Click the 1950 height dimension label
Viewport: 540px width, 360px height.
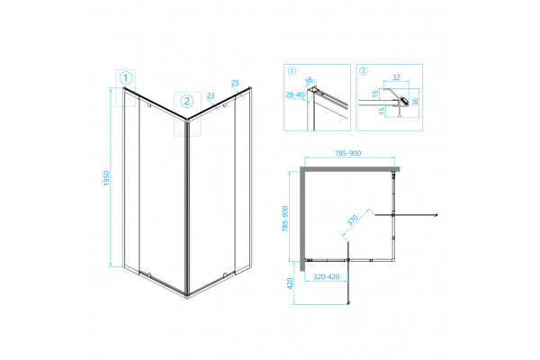pyautogui.click(x=106, y=178)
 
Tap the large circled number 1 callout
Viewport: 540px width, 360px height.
pyautogui.click(x=126, y=78)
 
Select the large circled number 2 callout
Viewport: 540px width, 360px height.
pyautogui.click(x=187, y=102)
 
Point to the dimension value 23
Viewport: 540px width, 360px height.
pyautogui.click(x=211, y=95)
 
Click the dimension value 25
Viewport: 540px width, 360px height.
pyautogui.click(x=235, y=83)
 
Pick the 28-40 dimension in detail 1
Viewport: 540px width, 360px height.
pyautogui.click(x=295, y=94)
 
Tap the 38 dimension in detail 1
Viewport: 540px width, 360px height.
pyautogui.click(x=309, y=80)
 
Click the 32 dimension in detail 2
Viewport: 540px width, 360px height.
pyautogui.click(x=396, y=77)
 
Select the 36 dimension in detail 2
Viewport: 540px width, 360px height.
pyautogui.click(x=415, y=102)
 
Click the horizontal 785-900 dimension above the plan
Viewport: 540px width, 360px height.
pyautogui.click(x=348, y=153)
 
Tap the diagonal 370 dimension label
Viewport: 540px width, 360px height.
pyautogui.click(x=352, y=220)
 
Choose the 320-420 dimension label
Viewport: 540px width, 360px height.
pyautogui.click(x=327, y=276)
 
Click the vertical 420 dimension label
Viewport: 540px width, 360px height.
pyautogui.click(x=290, y=283)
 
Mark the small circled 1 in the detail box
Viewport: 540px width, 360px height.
pyautogui.click(x=292, y=71)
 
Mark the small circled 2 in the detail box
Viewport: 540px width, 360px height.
pyautogui.click(x=364, y=71)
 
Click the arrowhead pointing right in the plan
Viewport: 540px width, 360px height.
pyautogui.click(x=436, y=215)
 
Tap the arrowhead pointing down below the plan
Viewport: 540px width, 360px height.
pyautogui.click(x=348, y=302)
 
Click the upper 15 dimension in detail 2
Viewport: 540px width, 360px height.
pyautogui.click(x=375, y=93)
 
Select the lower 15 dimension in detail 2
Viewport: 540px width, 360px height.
pyautogui.click(x=382, y=112)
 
